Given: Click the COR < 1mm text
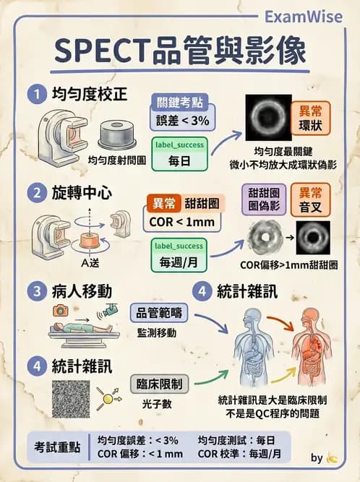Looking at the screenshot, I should click(177, 221).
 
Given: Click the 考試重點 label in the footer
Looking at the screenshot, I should click(60, 446).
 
